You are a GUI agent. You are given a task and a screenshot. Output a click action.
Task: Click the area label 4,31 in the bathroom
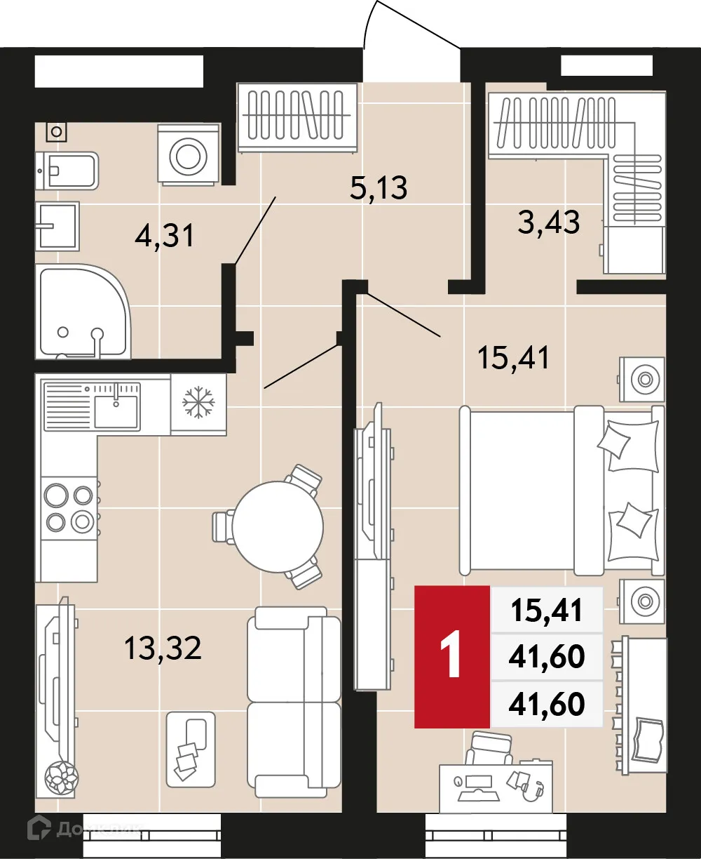pos(163,237)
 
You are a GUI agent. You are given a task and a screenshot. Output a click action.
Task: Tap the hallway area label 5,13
pos(378,187)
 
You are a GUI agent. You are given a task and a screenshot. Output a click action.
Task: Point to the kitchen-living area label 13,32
pos(163,647)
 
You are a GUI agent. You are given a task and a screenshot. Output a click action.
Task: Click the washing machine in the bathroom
pos(188,156)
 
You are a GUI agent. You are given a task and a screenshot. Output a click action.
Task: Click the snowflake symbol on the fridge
pos(197,403)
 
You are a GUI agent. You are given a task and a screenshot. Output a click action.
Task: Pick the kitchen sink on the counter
pos(115,411)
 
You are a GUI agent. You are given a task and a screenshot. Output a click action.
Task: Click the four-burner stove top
pos(68,508)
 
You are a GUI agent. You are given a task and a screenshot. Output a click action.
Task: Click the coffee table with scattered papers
pos(190,748)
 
